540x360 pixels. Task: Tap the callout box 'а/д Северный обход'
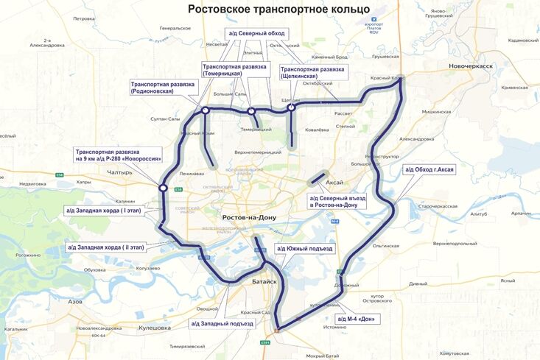pyautogui.click(x=255, y=33)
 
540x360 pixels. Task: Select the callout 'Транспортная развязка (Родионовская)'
pyautogui.click(x=163, y=88)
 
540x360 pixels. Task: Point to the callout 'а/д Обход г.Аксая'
pyautogui.click(x=429, y=169)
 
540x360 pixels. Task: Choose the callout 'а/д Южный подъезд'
pyautogui.click(x=304, y=249)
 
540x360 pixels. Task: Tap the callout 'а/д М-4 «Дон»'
pyautogui.click(x=357, y=319)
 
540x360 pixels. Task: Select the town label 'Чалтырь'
pyautogui.click(x=119, y=172)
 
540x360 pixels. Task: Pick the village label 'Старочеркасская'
pyautogui.click(x=439, y=207)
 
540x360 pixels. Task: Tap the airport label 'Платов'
pyautogui.click(x=357, y=28)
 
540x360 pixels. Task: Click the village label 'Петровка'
pyautogui.click(x=84, y=18)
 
